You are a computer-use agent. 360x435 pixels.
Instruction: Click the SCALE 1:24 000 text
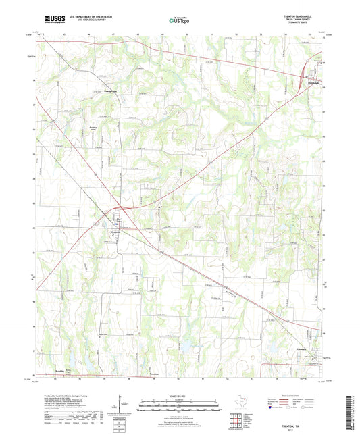[x=179, y=396]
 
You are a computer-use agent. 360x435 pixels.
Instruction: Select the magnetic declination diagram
[x=125, y=405]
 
